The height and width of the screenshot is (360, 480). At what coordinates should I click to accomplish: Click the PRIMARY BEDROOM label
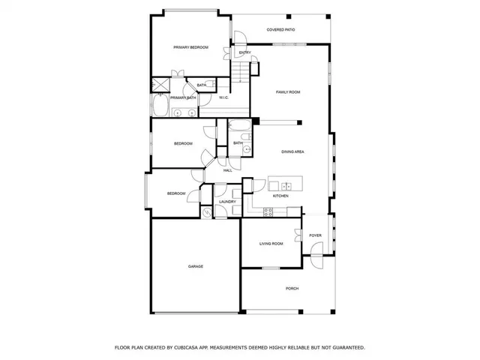click(x=190, y=48)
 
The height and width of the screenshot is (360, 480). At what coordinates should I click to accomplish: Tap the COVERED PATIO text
click(x=280, y=30)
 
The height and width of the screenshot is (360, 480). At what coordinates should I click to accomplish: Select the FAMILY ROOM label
click(x=288, y=91)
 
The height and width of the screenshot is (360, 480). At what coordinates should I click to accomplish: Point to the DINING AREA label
click(x=292, y=152)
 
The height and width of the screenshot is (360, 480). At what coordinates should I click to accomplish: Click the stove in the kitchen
click(x=268, y=211)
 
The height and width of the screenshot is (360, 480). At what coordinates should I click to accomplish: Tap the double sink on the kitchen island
click(x=286, y=184)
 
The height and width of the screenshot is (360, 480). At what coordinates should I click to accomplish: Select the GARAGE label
click(x=196, y=266)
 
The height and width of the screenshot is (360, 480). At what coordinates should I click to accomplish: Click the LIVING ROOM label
click(x=271, y=244)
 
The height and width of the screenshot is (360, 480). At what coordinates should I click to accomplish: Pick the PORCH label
click(x=292, y=289)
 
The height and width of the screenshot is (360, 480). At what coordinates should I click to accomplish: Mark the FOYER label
click(x=315, y=235)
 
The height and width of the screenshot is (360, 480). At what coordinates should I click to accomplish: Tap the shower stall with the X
click(x=160, y=85)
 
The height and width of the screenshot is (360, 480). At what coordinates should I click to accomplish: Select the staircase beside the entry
click(x=240, y=72)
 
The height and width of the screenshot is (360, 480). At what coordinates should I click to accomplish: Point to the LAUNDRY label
click(x=227, y=202)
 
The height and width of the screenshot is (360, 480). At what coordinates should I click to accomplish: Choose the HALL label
click(x=227, y=170)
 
